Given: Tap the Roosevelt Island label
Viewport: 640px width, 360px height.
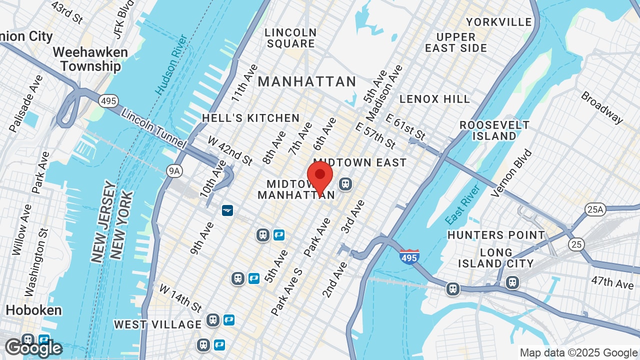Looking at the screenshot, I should tap(494, 130).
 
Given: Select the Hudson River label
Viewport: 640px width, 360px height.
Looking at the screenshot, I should tap(171, 64).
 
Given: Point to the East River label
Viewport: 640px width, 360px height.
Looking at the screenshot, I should tap(462, 204).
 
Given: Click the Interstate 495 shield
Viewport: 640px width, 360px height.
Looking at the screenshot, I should tap(409, 256).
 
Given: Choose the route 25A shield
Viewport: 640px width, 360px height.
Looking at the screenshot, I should tap(595, 209).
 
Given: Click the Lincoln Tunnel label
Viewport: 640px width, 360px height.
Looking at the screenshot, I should tap(153, 128).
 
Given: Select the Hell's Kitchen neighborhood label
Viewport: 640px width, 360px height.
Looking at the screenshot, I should tap(250, 118).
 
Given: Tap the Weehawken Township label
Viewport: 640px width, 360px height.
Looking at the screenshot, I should tap(90, 59).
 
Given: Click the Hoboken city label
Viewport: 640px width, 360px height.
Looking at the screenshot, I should tap(33, 310).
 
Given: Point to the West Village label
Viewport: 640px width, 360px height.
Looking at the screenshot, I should tap(157, 324).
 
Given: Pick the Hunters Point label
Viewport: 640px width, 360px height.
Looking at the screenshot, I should tap(496, 235).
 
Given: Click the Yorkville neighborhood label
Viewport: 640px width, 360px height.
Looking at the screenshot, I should tap(498, 22).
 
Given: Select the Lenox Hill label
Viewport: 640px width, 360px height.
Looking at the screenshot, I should tap(434, 99).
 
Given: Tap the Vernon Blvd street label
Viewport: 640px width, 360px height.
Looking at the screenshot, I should tap(511, 173).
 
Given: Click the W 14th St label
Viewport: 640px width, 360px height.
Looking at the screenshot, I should tap(180, 297).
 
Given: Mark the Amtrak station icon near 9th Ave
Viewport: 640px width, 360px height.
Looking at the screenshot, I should tap(227, 210).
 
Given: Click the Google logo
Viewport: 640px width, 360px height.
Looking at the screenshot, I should tap(33, 348).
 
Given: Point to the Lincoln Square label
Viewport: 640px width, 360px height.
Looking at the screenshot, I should tap(290, 38).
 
